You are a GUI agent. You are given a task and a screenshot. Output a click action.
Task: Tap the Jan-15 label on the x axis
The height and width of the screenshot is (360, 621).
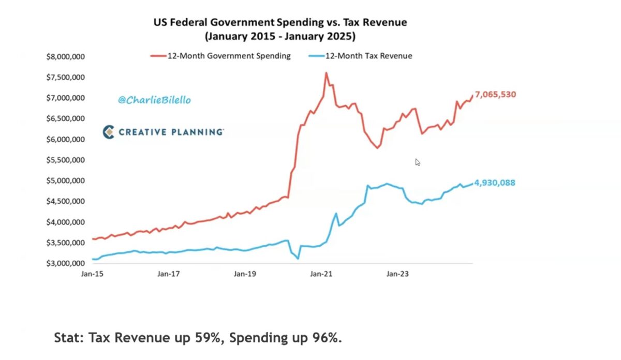(x=92, y=274)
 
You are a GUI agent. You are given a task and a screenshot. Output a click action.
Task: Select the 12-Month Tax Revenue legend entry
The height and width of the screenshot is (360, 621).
(x=368, y=56)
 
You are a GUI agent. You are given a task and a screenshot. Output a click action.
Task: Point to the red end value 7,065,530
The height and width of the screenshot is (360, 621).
(x=495, y=95)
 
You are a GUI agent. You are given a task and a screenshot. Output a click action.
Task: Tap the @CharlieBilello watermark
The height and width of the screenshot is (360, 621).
(x=154, y=100)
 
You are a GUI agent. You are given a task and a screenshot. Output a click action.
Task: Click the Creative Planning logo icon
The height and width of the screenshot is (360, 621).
(x=109, y=132)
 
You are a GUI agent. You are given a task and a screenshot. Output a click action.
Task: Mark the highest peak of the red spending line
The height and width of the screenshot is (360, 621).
(x=326, y=73)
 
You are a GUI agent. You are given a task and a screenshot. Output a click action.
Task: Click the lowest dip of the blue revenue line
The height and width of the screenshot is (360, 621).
(x=298, y=259)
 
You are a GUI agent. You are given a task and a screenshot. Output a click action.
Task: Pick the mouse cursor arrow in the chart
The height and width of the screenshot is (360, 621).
(x=417, y=161)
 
